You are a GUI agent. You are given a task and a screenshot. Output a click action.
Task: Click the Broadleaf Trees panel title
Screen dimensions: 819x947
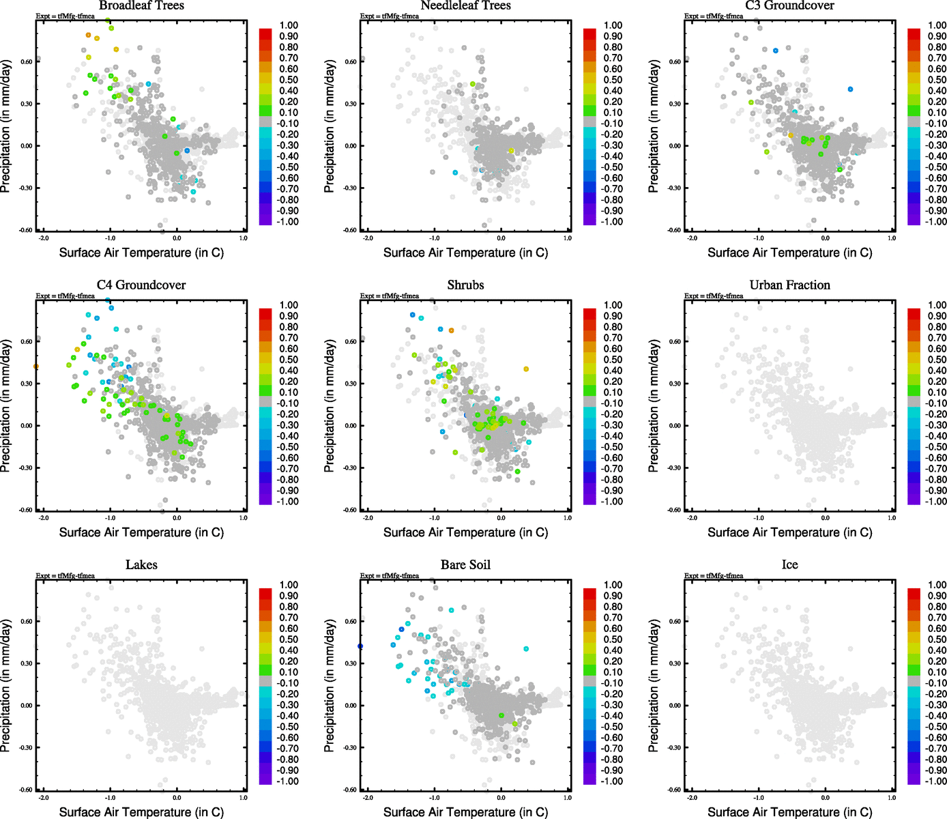(x=141, y=5)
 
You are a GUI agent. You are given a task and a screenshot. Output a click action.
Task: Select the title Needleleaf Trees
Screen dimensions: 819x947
(x=465, y=5)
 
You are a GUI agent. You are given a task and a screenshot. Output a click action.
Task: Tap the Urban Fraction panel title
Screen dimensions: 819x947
(x=789, y=285)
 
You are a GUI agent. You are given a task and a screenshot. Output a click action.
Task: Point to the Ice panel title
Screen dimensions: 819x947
(x=789, y=565)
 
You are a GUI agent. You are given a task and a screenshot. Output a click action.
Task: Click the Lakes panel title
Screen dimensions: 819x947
(x=141, y=565)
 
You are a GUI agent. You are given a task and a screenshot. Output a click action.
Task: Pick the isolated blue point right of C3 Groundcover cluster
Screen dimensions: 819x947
(x=850, y=89)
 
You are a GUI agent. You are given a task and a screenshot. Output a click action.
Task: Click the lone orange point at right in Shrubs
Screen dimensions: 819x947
(x=526, y=369)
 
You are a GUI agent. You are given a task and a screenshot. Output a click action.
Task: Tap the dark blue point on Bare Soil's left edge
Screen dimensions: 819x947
(x=360, y=646)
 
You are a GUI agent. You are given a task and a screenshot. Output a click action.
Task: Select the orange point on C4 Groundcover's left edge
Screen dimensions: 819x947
(x=36, y=367)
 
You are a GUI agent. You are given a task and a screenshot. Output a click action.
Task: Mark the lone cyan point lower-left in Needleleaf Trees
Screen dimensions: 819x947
(x=455, y=173)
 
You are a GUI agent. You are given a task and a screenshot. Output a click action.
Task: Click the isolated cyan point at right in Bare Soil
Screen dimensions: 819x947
(x=526, y=649)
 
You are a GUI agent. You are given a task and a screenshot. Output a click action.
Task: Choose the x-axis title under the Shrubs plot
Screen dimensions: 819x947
(x=465, y=532)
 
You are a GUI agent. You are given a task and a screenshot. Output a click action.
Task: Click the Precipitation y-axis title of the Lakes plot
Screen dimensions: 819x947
(x=6, y=686)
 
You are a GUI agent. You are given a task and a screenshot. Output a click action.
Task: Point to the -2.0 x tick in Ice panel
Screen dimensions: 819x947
(x=692, y=797)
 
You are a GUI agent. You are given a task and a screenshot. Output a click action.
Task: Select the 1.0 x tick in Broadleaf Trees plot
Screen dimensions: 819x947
(x=244, y=238)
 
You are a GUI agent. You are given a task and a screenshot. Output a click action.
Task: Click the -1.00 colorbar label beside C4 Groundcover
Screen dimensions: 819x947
(x=289, y=502)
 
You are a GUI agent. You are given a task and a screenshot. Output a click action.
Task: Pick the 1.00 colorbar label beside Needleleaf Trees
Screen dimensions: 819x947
(x=613, y=25)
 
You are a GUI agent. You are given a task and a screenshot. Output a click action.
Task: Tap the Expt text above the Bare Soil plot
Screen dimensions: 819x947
(x=390, y=576)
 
